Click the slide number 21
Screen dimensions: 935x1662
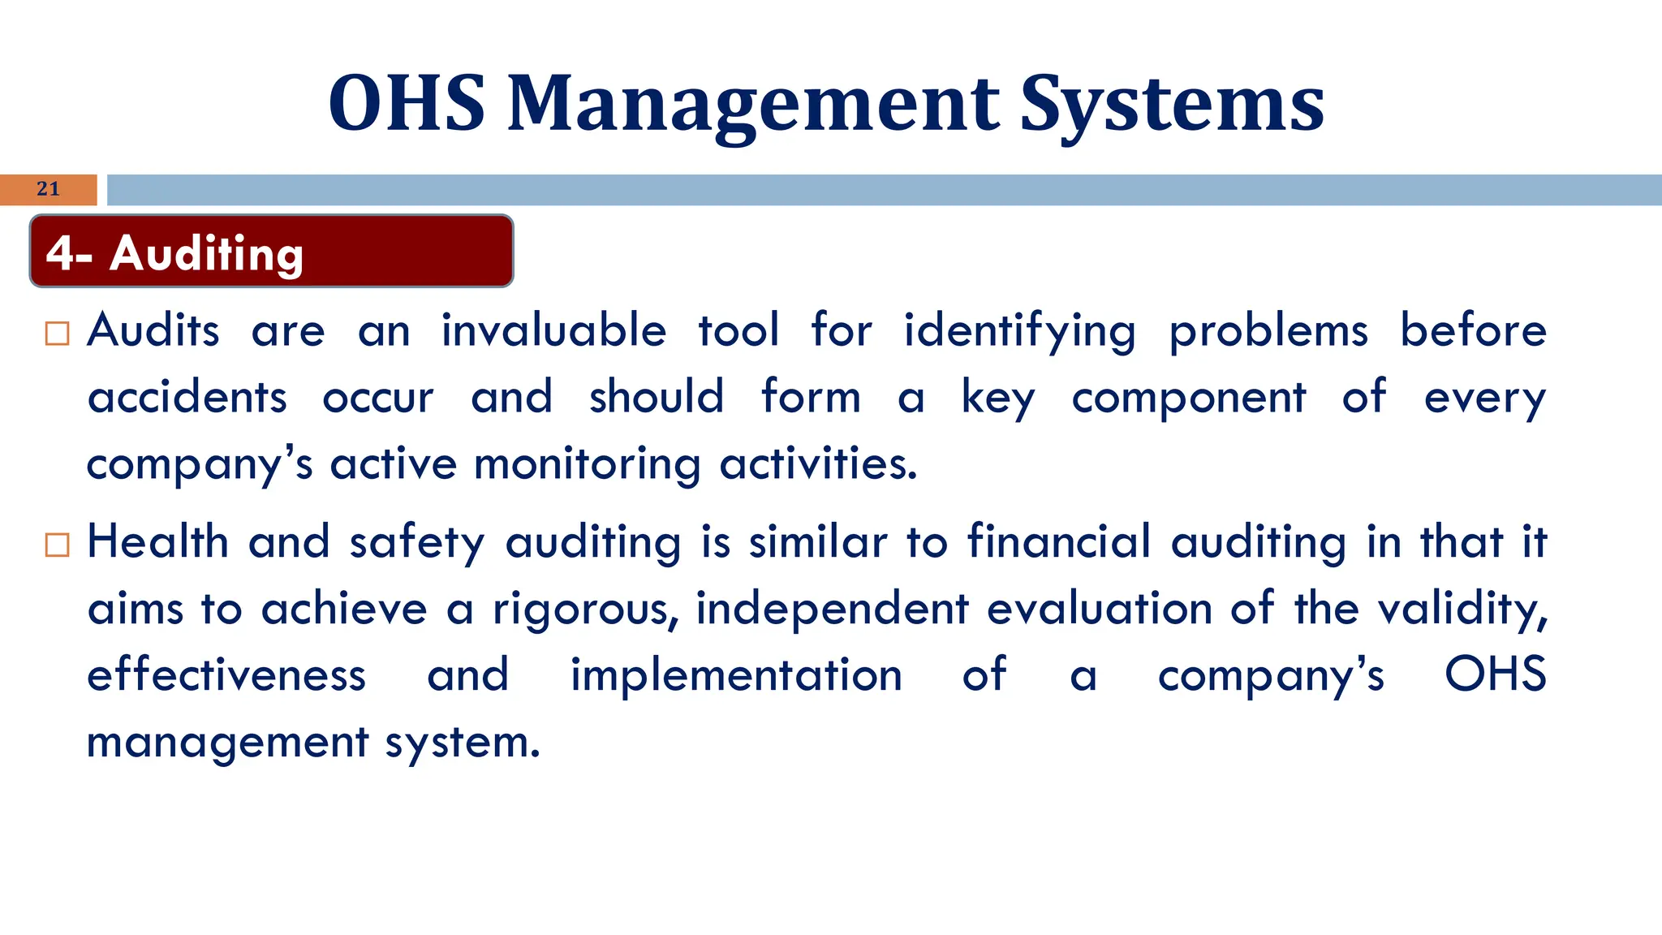pos(48,189)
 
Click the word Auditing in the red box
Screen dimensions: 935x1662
pos(207,253)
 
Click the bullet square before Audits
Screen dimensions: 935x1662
pos(58,334)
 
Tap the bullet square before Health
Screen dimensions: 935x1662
pos(58,545)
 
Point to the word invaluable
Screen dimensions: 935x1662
pos(553,331)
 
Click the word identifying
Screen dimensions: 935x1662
pos(1019,331)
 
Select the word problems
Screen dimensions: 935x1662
pos(1268,331)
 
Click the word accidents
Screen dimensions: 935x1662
pos(187,398)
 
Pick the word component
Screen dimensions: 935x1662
pos(1189,398)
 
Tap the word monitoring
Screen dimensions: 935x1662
pos(587,464)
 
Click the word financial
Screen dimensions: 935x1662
pos(1059,542)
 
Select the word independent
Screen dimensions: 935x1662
pos(832,609)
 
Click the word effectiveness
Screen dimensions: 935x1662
pos(226,675)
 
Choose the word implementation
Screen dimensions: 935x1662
pos(736,675)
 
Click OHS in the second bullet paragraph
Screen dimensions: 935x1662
pos(1495,675)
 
